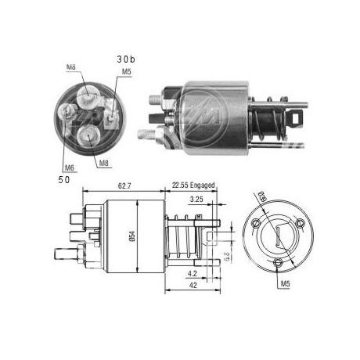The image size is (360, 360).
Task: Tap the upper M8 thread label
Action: [x=72, y=68]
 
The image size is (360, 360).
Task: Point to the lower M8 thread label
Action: [x=104, y=163]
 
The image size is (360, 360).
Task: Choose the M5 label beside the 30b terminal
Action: [x=126, y=73]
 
